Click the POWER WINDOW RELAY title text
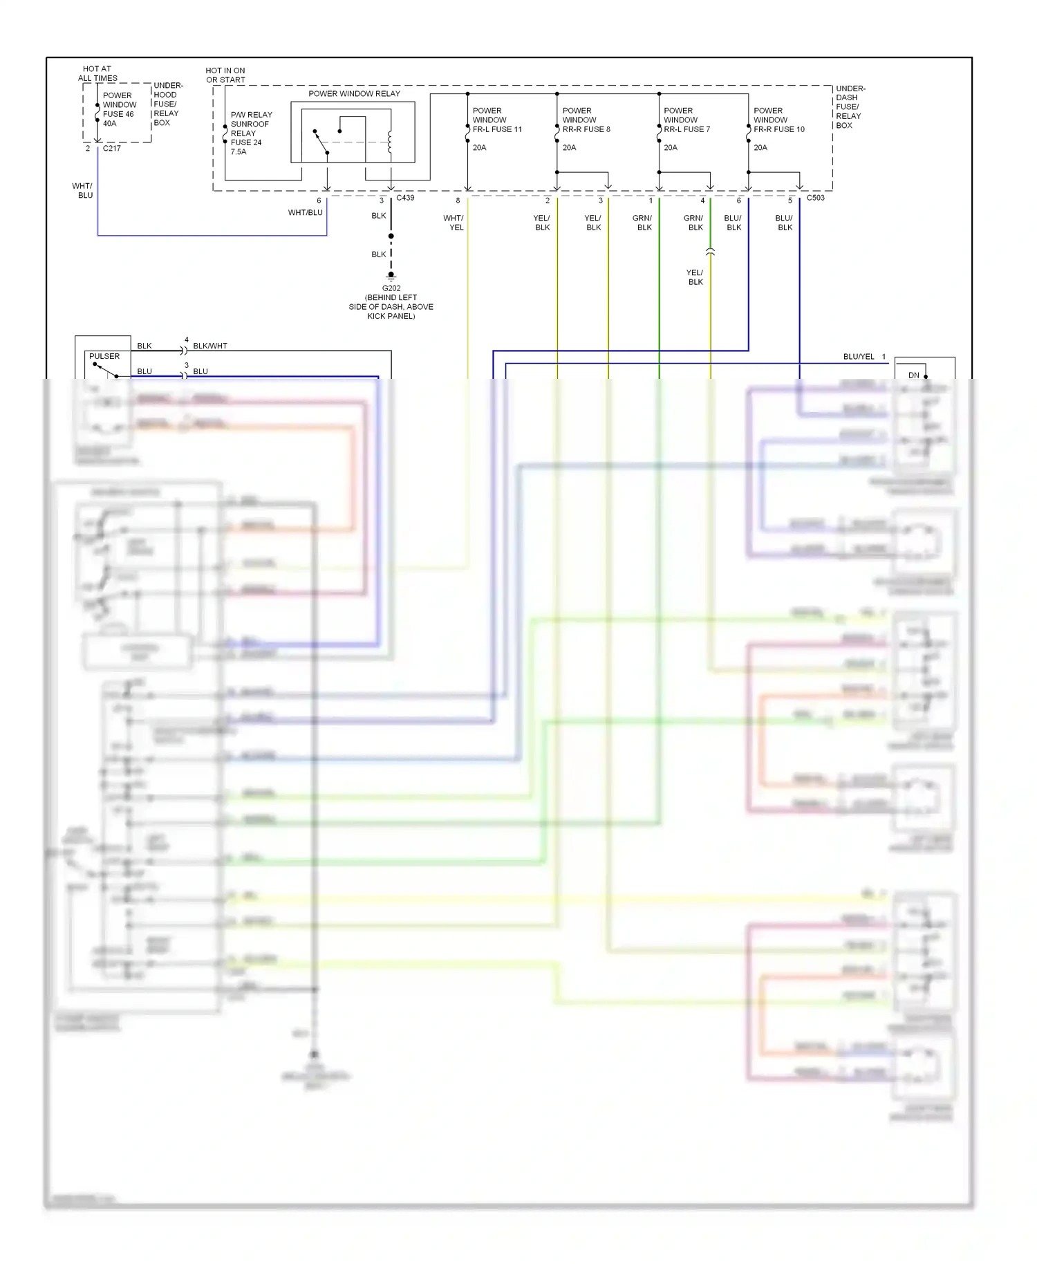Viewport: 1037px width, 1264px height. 354,93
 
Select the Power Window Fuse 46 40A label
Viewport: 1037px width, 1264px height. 119,109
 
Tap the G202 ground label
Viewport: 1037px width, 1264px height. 391,288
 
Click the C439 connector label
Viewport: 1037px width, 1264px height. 405,198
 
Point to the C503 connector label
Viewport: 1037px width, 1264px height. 815,198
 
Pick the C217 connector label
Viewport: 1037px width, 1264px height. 112,148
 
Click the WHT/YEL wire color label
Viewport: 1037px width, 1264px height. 454,223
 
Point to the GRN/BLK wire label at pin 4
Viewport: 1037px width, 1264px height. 693,223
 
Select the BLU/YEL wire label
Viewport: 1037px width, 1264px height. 859,357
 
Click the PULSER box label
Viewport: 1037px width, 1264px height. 104,356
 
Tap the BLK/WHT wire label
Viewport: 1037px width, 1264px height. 210,346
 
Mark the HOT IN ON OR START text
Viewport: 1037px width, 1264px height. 225,75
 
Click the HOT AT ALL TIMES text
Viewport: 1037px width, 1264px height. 97,73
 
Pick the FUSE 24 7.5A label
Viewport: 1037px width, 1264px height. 246,147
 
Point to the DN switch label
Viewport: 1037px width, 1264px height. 914,375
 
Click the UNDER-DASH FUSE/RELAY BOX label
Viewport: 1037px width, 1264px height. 850,107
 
